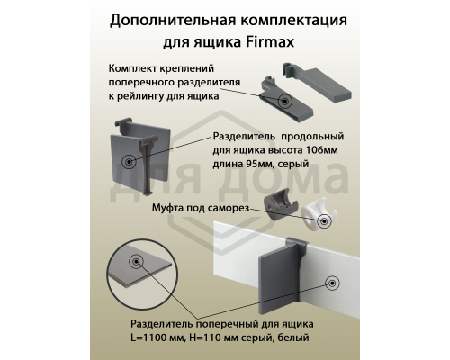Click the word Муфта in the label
pyautogui.click(x=169, y=207)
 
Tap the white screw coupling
pyautogui.click(x=317, y=214)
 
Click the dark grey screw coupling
pyautogui.click(x=280, y=207)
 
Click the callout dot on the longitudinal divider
pyautogui.click(x=131, y=162)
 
